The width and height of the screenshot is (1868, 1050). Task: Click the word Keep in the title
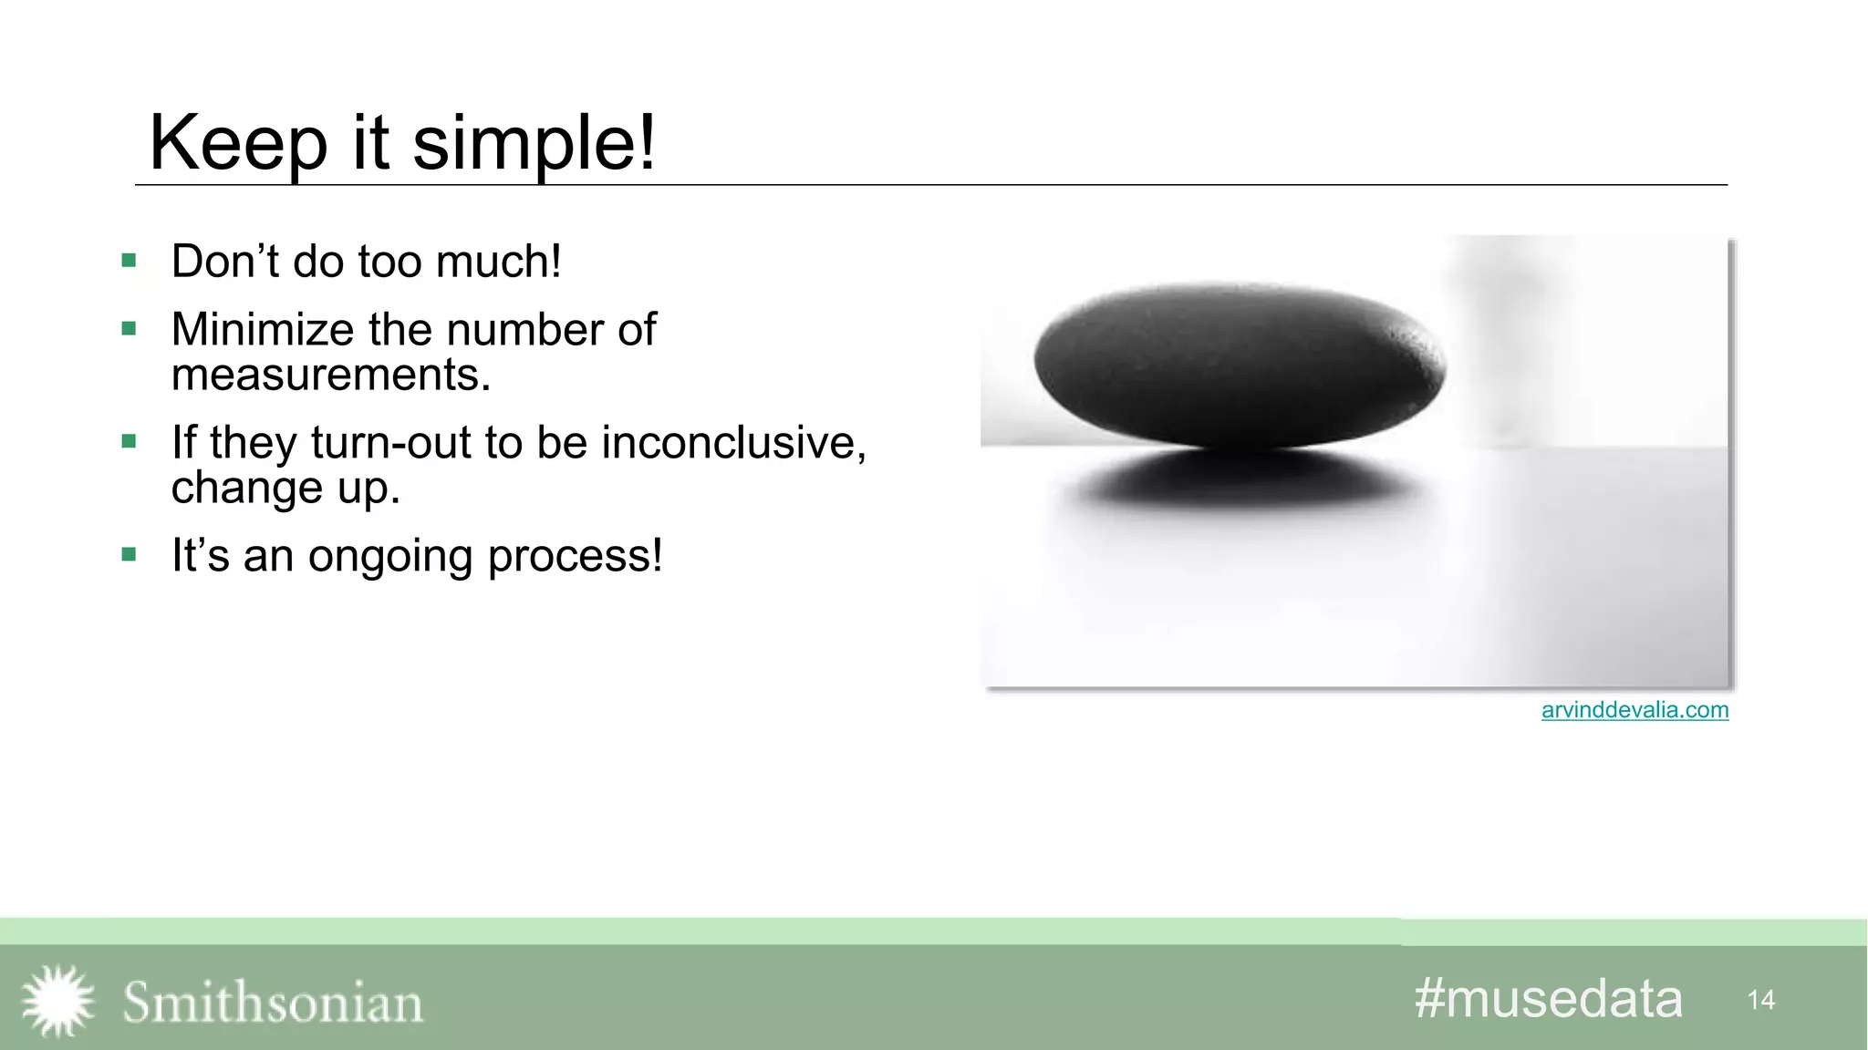[238, 143]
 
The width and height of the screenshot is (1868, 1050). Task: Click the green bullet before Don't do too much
[129, 262]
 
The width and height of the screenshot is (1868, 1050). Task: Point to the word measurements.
[330, 375]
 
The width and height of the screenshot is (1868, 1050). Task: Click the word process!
[575, 556]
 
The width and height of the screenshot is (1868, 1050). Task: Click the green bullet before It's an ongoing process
[129, 554]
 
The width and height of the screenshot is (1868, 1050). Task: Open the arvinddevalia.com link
[1634, 710]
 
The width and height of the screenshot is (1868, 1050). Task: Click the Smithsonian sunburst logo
[58, 1001]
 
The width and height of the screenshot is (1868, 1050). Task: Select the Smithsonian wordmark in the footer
[273, 1003]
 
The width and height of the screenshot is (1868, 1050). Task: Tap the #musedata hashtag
[1548, 998]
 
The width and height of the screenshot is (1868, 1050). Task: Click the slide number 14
[1760, 1000]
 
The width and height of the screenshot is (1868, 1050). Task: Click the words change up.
[285, 488]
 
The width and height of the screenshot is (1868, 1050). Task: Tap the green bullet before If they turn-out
[129, 442]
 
